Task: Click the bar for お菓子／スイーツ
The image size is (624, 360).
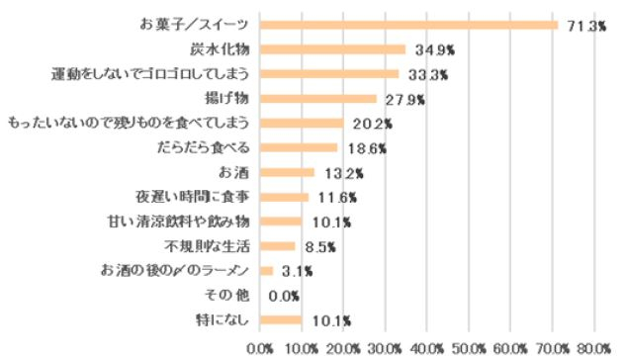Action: point(408,25)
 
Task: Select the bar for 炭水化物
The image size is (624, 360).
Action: point(332,49)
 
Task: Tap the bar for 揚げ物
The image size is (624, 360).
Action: point(317,99)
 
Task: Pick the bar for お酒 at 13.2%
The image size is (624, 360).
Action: point(287,172)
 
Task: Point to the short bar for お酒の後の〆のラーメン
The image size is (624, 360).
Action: point(266,270)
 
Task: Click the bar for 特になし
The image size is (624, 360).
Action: point(281,319)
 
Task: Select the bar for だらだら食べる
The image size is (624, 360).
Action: point(299,147)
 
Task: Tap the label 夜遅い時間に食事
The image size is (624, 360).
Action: point(196,197)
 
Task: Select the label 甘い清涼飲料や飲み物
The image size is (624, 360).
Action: point(181,222)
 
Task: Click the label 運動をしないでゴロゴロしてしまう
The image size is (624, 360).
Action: point(155,74)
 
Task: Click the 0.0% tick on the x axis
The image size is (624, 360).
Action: point(259,347)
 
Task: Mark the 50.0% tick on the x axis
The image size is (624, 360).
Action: point(469,347)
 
